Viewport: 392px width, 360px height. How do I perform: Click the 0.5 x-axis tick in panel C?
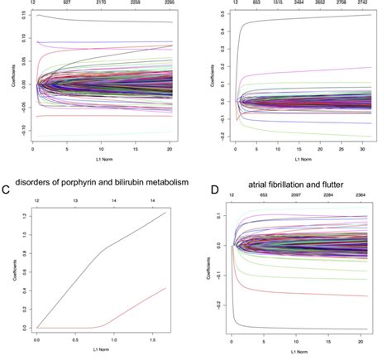tap(78, 339)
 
